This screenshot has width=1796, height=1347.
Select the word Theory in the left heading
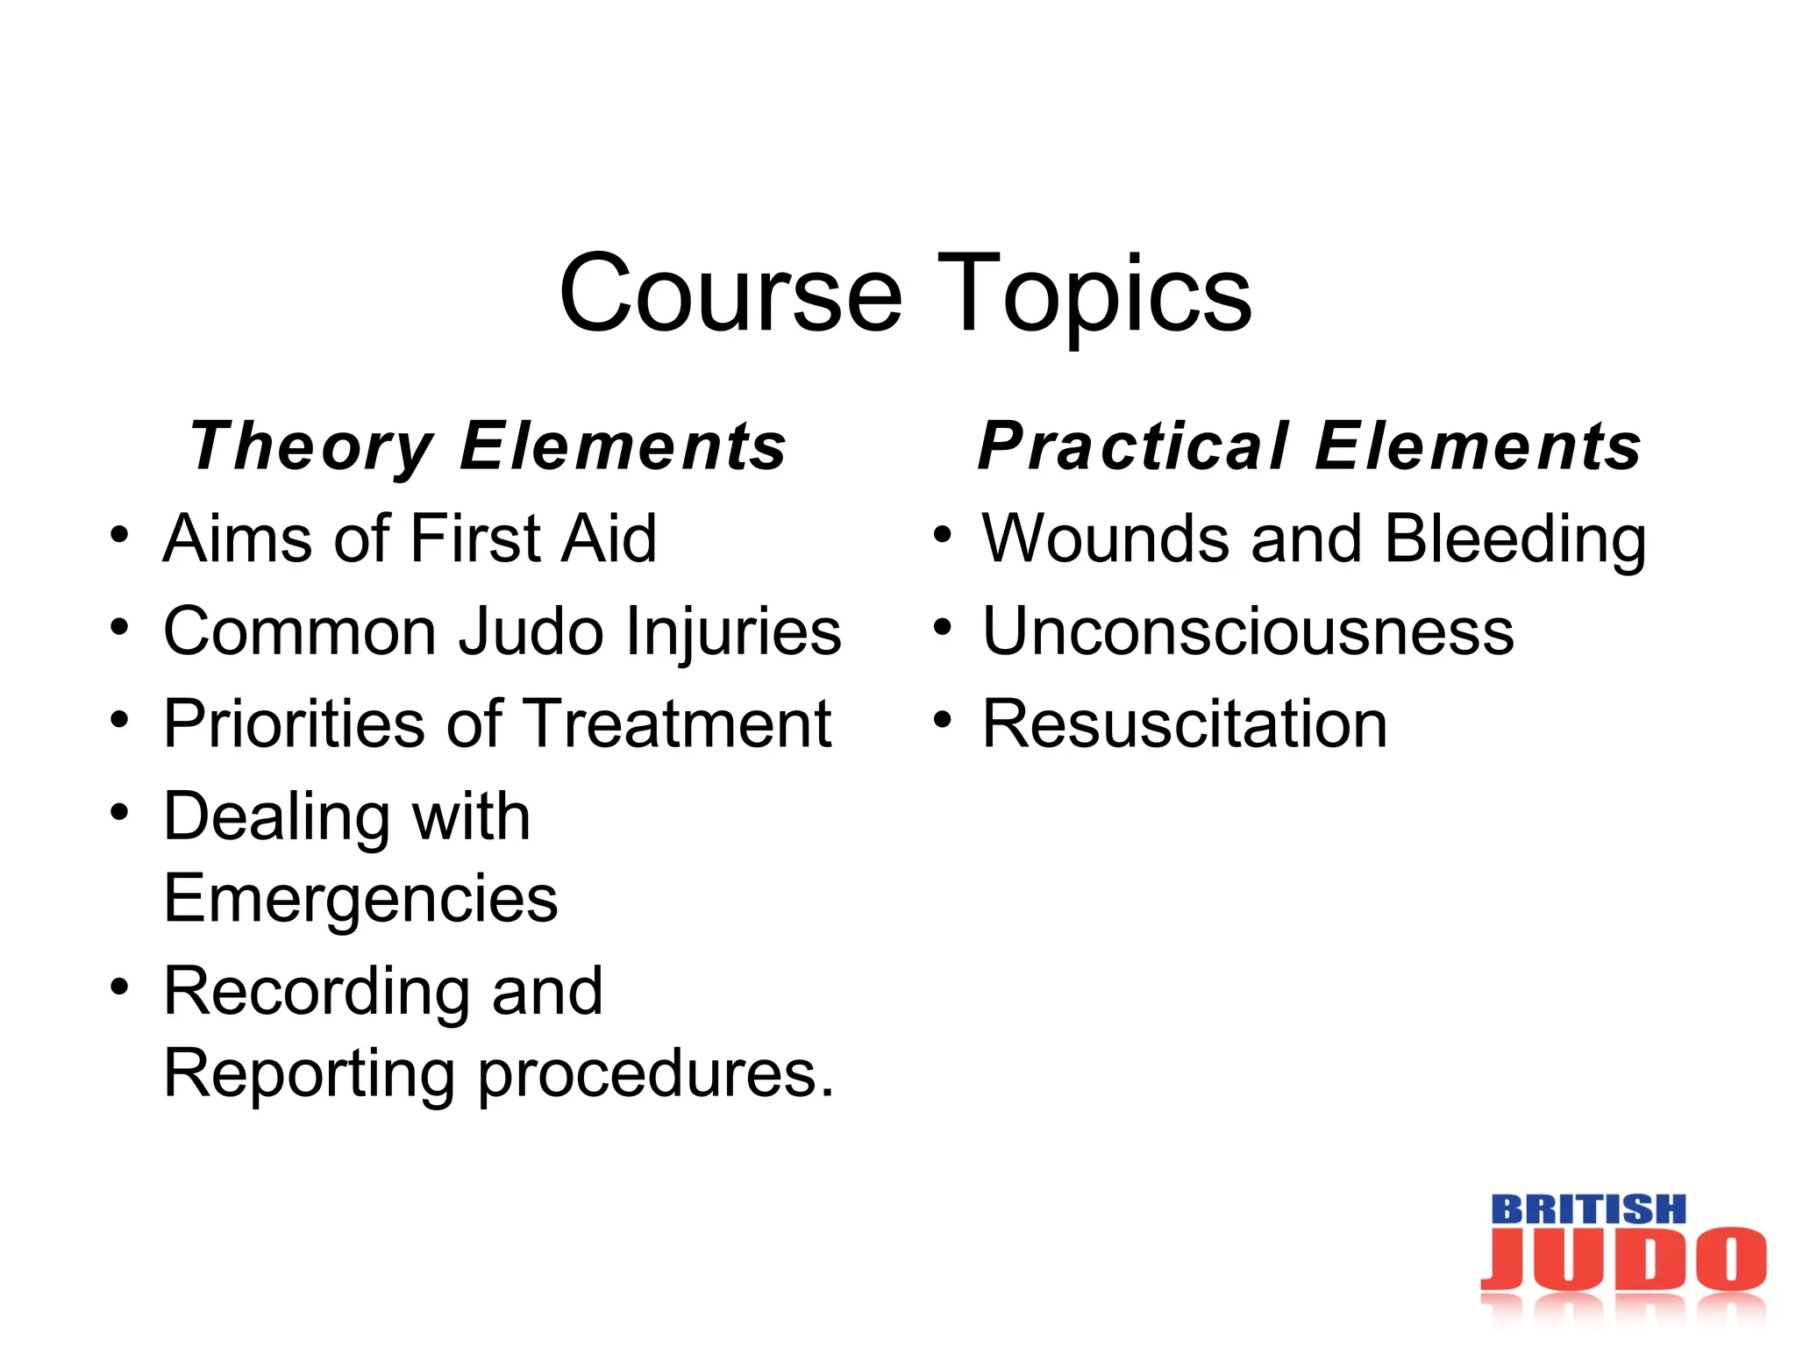click(x=311, y=447)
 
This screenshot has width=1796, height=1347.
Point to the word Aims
click(x=237, y=538)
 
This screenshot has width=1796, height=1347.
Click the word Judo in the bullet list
click(x=531, y=631)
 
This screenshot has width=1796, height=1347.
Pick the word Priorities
click(x=295, y=723)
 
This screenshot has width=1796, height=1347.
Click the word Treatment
click(x=679, y=723)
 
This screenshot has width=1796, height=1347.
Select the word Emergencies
click(x=360, y=899)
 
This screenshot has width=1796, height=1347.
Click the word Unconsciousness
click(x=1248, y=631)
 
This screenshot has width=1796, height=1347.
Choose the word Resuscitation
click(x=1185, y=723)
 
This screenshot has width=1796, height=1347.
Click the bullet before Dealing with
click(x=120, y=812)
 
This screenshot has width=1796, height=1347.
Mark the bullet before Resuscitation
click(x=942, y=720)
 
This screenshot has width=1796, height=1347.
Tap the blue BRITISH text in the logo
click(x=1588, y=1209)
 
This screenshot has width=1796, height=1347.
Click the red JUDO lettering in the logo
click(x=1623, y=1259)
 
